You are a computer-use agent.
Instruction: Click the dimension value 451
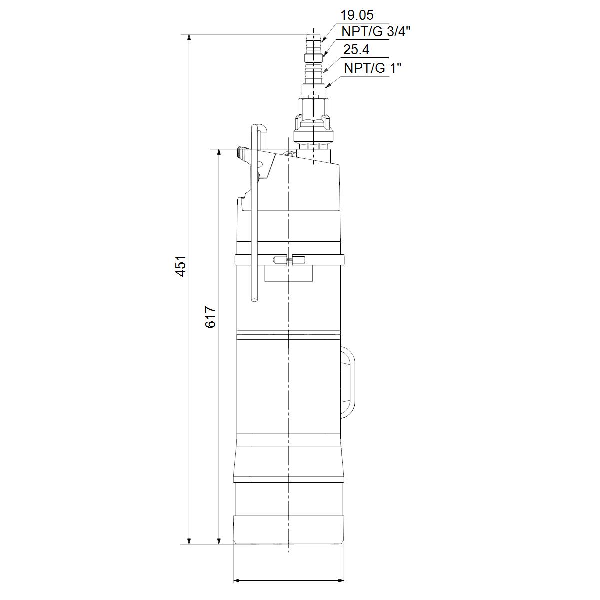(181, 266)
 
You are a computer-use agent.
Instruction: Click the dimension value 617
(211, 317)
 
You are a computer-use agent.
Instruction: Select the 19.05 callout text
(357, 15)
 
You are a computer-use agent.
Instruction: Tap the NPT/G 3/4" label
(376, 32)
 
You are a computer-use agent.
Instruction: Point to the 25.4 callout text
(356, 50)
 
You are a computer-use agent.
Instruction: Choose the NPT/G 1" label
(373, 68)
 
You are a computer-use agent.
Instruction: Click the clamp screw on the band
(289, 260)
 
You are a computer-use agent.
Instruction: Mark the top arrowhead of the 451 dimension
(189, 37)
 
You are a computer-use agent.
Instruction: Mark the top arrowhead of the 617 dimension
(219, 152)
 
